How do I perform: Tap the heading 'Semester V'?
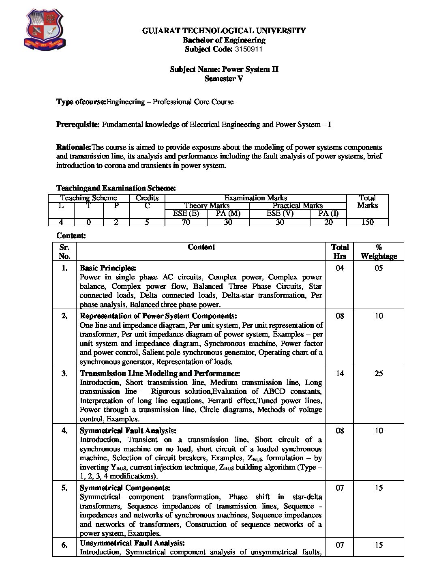pos(224,79)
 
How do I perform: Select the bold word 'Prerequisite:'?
pos(78,125)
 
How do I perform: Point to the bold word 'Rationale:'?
pos(74,147)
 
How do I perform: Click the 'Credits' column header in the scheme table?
pos(147,198)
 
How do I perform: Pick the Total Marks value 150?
pos(367,222)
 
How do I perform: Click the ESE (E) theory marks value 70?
pos(186,222)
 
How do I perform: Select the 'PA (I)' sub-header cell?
pos(328,213)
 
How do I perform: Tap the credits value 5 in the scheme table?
pos(147,222)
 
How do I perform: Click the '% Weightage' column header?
pos(379,251)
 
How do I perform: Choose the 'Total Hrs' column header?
pos(340,251)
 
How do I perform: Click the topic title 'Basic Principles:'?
pos(108,268)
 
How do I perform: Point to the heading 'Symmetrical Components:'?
pos(125,488)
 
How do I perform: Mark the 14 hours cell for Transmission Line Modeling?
pos(340,374)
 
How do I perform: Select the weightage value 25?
pos(379,374)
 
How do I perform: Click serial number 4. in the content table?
pos(64,431)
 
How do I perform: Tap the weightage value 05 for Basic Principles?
pos(379,268)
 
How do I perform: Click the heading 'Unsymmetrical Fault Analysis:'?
pos(132,543)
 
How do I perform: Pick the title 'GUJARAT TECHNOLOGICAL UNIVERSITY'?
pos(224,31)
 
